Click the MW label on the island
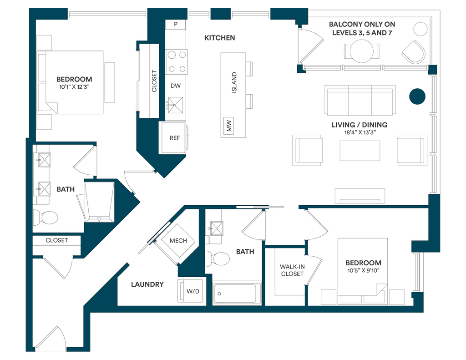click(x=229, y=125)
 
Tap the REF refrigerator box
click(x=175, y=138)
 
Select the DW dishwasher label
click(x=175, y=86)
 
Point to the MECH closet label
click(x=178, y=240)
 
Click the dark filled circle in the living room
click(x=417, y=96)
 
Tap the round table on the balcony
click(x=361, y=51)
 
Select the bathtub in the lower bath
click(x=238, y=294)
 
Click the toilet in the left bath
click(x=46, y=217)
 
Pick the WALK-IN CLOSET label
click(x=292, y=270)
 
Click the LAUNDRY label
click(x=147, y=284)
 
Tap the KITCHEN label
click(x=219, y=38)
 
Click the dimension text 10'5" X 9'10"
click(x=363, y=270)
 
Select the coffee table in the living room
click(x=360, y=150)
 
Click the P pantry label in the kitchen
click(x=175, y=24)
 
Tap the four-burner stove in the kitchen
click(x=177, y=61)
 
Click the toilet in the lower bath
click(x=218, y=259)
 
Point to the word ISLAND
click(x=234, y=82)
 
